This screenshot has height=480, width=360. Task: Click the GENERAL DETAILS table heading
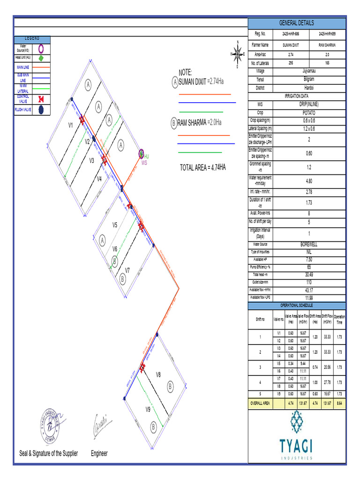pos(296,23)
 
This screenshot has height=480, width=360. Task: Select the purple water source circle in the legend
pos(41,48)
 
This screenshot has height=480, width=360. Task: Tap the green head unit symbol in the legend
pos(41,58)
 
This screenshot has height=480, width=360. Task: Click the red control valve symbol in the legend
pos(41,99)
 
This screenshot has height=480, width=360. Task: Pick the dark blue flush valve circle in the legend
pos(41,110)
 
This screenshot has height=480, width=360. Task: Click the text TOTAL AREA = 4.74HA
pos(202,168)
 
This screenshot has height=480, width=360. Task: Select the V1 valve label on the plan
pos(71,126)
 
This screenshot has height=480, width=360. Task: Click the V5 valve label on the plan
pos(114,225)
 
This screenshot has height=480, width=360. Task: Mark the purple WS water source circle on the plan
pos(141,153)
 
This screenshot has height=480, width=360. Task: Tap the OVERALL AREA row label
pos(260,403)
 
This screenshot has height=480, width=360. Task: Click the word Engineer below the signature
pos(99,453)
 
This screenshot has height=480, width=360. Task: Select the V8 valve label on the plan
pos(158,375)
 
